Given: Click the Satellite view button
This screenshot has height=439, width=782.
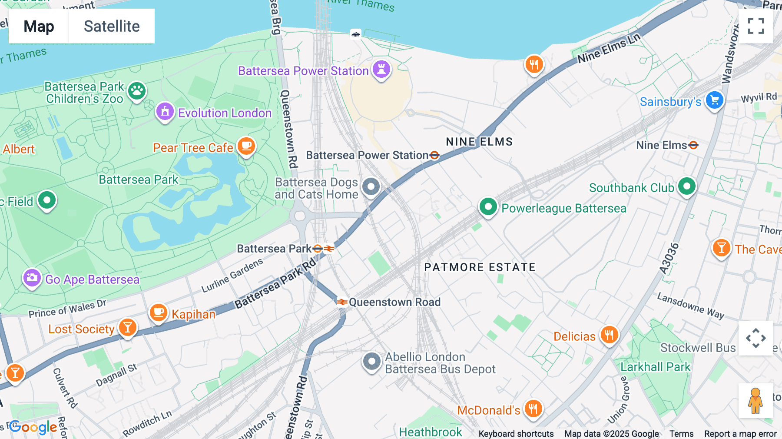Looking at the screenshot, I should point(112,26).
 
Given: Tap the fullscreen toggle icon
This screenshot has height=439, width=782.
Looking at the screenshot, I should point(755,26).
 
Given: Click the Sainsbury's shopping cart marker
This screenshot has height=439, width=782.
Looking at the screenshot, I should point(715,100).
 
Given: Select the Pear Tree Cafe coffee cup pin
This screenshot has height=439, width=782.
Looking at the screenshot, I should point(246,146).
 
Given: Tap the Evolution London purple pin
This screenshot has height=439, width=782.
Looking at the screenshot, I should point(165,112).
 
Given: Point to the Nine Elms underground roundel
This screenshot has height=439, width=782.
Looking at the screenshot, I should point(693,145).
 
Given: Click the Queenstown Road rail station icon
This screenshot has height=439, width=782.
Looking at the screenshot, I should point(342,302).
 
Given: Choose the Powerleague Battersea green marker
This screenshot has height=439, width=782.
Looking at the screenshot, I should point(488,207).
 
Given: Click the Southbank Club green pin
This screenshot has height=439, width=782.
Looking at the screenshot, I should point(686,186).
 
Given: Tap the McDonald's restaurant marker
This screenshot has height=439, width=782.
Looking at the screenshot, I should point(533,409).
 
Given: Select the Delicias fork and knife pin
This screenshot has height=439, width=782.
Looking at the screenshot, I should point(609,335).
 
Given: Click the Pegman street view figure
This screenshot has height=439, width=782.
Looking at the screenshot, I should point(755,400).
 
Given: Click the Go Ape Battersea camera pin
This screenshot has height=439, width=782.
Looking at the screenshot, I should point(32,277).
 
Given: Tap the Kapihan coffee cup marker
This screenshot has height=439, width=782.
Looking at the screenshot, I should point(159,313).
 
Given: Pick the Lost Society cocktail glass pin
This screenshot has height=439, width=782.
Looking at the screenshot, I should point(128,327).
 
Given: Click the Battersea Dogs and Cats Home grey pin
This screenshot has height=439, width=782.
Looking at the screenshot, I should point(371,187).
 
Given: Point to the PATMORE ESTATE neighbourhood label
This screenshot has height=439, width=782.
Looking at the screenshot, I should point(480,267).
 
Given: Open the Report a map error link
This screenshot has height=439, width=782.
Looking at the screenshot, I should point(740,434).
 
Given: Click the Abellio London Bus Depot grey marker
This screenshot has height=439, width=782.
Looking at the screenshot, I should point(372,361).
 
